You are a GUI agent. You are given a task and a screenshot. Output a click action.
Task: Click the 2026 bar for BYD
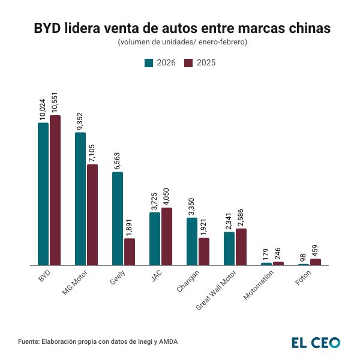[x=43, y=194]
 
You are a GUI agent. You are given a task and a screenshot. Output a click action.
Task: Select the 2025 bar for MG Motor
[x=92, y=214]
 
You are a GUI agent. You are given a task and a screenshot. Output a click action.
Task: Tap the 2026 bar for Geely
[x=118, y=218]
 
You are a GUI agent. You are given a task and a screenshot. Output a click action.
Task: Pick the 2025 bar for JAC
[x=167, y=236]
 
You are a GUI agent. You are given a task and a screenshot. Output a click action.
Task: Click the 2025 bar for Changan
[x=204, y=251]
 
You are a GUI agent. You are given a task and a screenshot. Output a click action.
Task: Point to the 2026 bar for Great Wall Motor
[x=229, y=248]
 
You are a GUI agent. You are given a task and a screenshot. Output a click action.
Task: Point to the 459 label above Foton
[x=316, y=248]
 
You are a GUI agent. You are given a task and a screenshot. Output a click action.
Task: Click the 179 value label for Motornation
[x=266, y=253]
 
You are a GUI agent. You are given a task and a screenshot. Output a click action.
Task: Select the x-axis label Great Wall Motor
[x=217, y=289]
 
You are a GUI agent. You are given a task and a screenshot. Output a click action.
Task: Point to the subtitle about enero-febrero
[x=180, y=42]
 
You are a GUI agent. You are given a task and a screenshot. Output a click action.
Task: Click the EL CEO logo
[x=316, y=343]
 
